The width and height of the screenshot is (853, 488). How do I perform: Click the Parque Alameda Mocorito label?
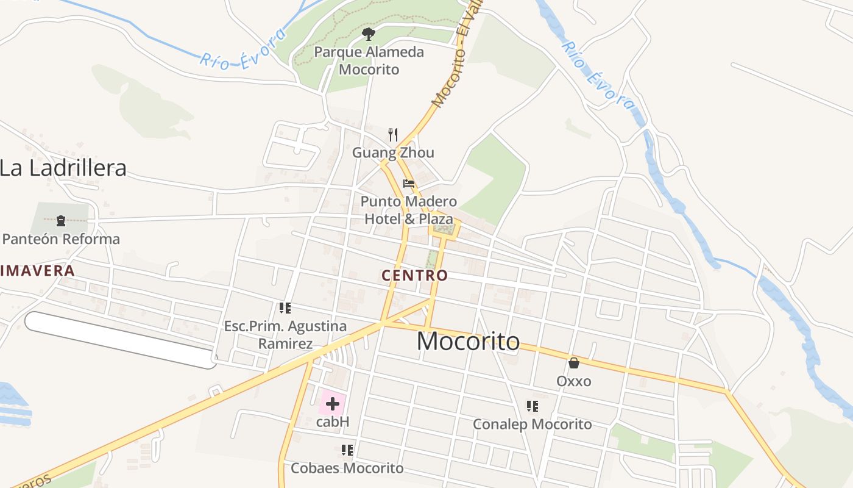369,60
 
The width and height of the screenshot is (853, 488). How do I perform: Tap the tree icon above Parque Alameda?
368,33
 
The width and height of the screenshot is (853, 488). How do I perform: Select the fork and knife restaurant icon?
393,134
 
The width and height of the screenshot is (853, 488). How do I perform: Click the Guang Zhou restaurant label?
393,152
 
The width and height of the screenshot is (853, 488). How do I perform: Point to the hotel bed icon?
408,183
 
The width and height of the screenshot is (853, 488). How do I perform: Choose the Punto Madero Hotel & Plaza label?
409,210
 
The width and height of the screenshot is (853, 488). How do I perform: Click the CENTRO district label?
414,276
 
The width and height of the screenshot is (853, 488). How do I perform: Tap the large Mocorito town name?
468,342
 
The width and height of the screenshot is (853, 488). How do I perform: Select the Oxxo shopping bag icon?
573,363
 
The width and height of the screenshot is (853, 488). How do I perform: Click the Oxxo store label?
573,381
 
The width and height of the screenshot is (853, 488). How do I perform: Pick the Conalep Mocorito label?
533,424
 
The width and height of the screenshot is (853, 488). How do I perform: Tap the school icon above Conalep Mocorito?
533,406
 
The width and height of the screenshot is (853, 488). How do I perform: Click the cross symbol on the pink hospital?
333,403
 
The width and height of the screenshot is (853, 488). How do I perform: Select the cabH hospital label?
333,422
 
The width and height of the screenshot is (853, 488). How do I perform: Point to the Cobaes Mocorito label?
347,468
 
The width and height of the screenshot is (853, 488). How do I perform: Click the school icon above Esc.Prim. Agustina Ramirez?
285,308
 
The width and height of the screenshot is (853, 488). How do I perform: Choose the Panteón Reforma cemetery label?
61,239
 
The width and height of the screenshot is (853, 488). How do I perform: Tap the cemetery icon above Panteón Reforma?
60,220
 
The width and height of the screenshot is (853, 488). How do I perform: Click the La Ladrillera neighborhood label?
63,168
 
